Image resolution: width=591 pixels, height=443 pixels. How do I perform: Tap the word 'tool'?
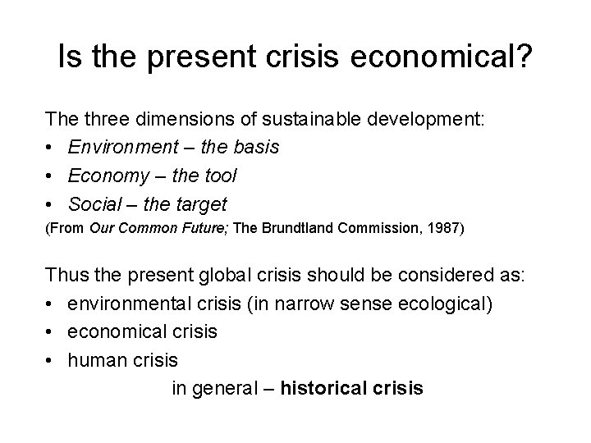220,176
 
